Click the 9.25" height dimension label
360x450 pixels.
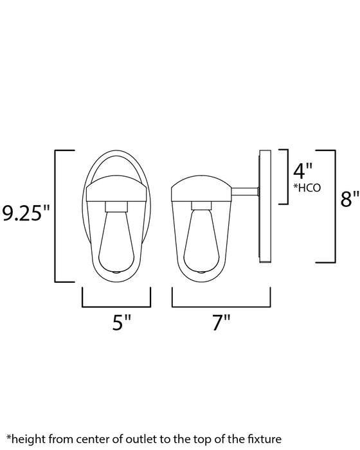click(26, 213)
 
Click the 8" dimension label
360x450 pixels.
click(350, 200)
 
